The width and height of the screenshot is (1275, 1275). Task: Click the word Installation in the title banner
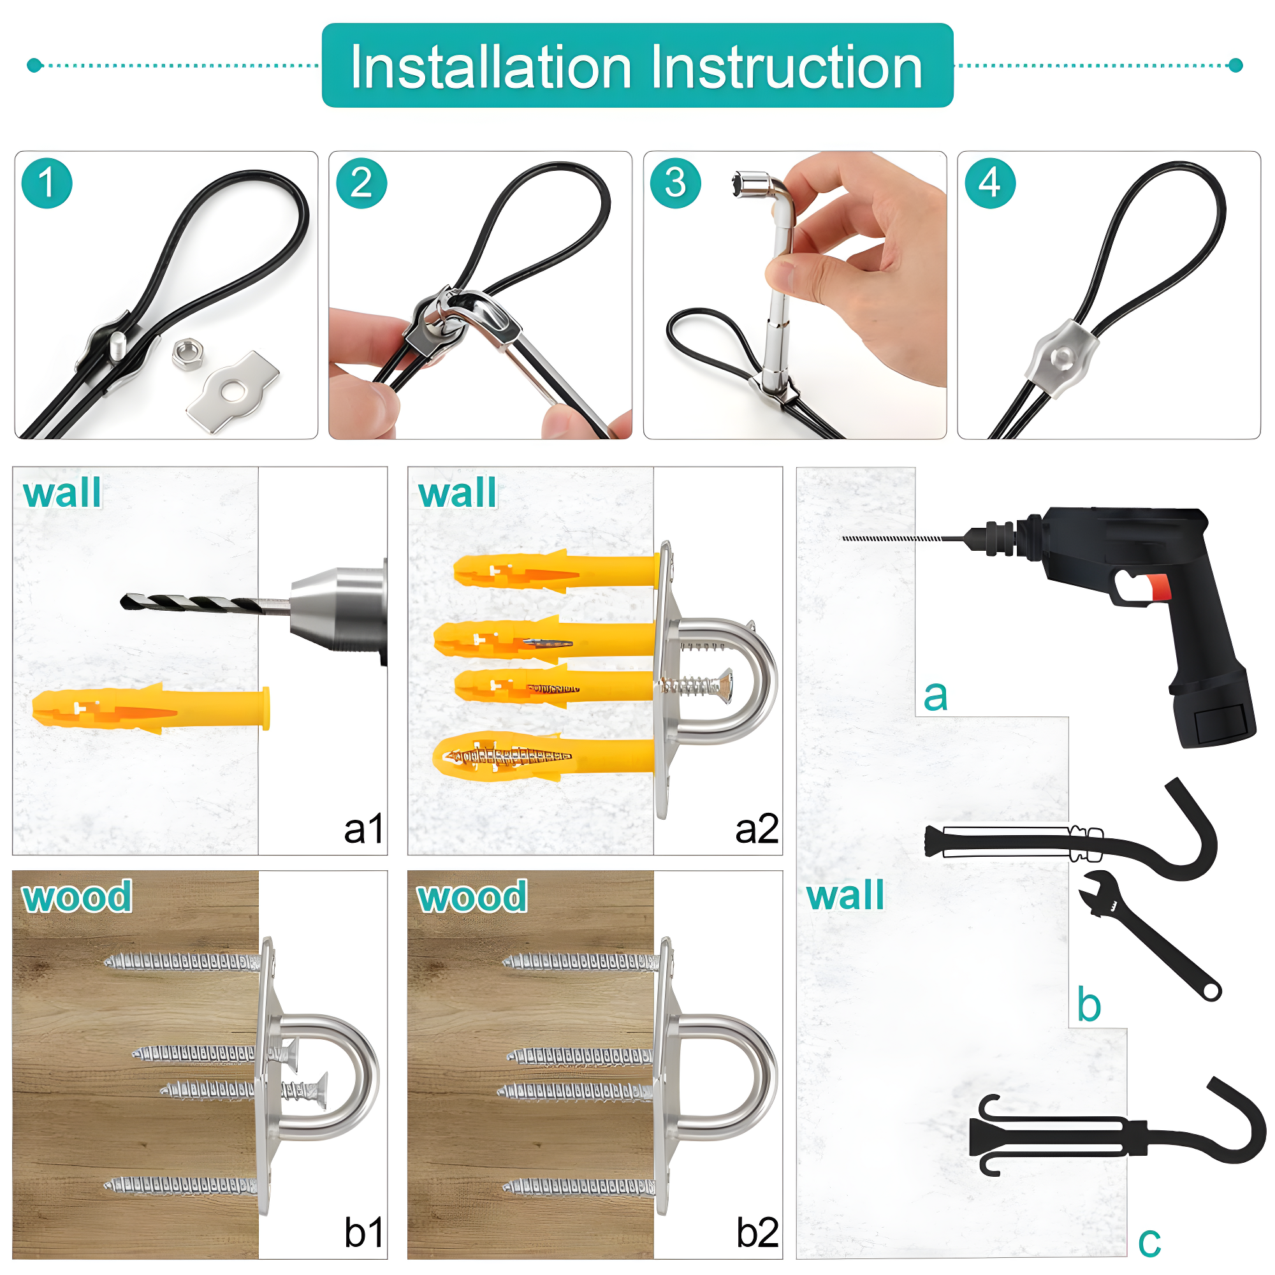tap(490, 68)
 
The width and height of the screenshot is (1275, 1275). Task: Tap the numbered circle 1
tap(46, 184)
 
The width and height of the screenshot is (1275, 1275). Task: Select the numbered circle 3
tap(675, 184)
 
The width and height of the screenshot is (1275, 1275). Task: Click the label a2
tap(756, 829)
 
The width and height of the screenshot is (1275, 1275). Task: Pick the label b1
tap(363, 1233)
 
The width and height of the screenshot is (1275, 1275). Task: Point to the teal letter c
tap(1149, 1242)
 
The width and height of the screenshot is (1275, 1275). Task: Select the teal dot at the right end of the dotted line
tap(1236, 64)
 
